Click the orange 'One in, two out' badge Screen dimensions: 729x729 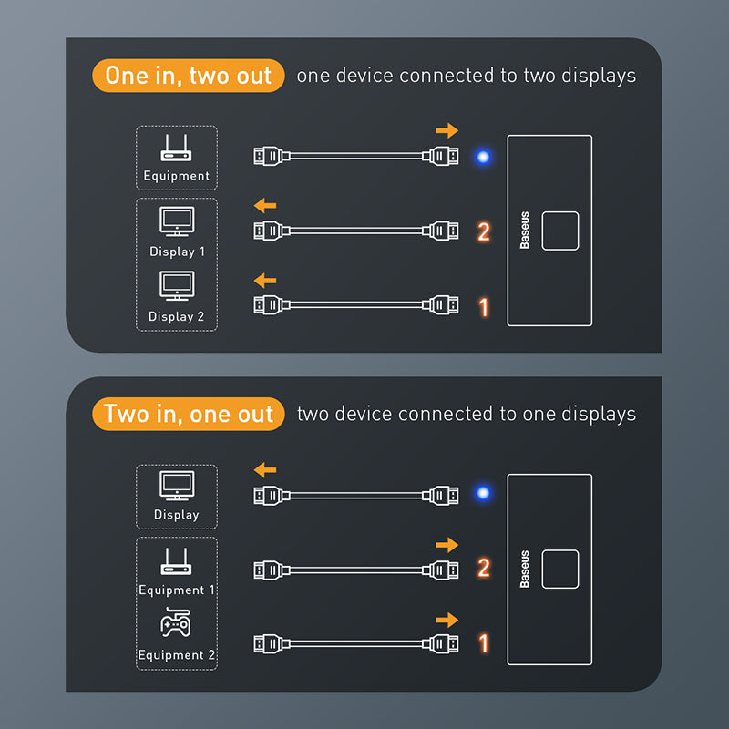click(189, 76)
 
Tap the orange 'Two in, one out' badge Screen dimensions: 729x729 click(189, 415)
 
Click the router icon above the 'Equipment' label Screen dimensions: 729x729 click(176, 149)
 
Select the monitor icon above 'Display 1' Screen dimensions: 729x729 click(176, 221)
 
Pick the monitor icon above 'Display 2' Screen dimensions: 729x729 click(176, 286)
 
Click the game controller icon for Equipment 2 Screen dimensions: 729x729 click(176, 624)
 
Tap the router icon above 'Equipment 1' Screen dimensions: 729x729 click(176, 561)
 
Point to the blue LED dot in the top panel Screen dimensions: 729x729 click(483, 157)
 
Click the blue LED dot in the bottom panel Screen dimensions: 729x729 click(483, 494)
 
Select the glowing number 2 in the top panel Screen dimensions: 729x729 click(484, 231)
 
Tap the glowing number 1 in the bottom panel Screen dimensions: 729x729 click(484, 643)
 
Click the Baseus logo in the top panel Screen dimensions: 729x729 click(525, 231)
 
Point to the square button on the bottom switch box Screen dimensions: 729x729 click(560, 569)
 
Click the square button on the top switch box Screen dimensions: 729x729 click(560, 231)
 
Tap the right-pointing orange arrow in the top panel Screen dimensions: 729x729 click(447, 131)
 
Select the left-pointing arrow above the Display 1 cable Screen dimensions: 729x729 click(264, 205)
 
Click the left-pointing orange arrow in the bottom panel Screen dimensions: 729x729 click(264, 470)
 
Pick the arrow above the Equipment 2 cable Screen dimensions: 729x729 click(447, 620)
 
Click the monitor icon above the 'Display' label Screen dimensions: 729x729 click(176, 485)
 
